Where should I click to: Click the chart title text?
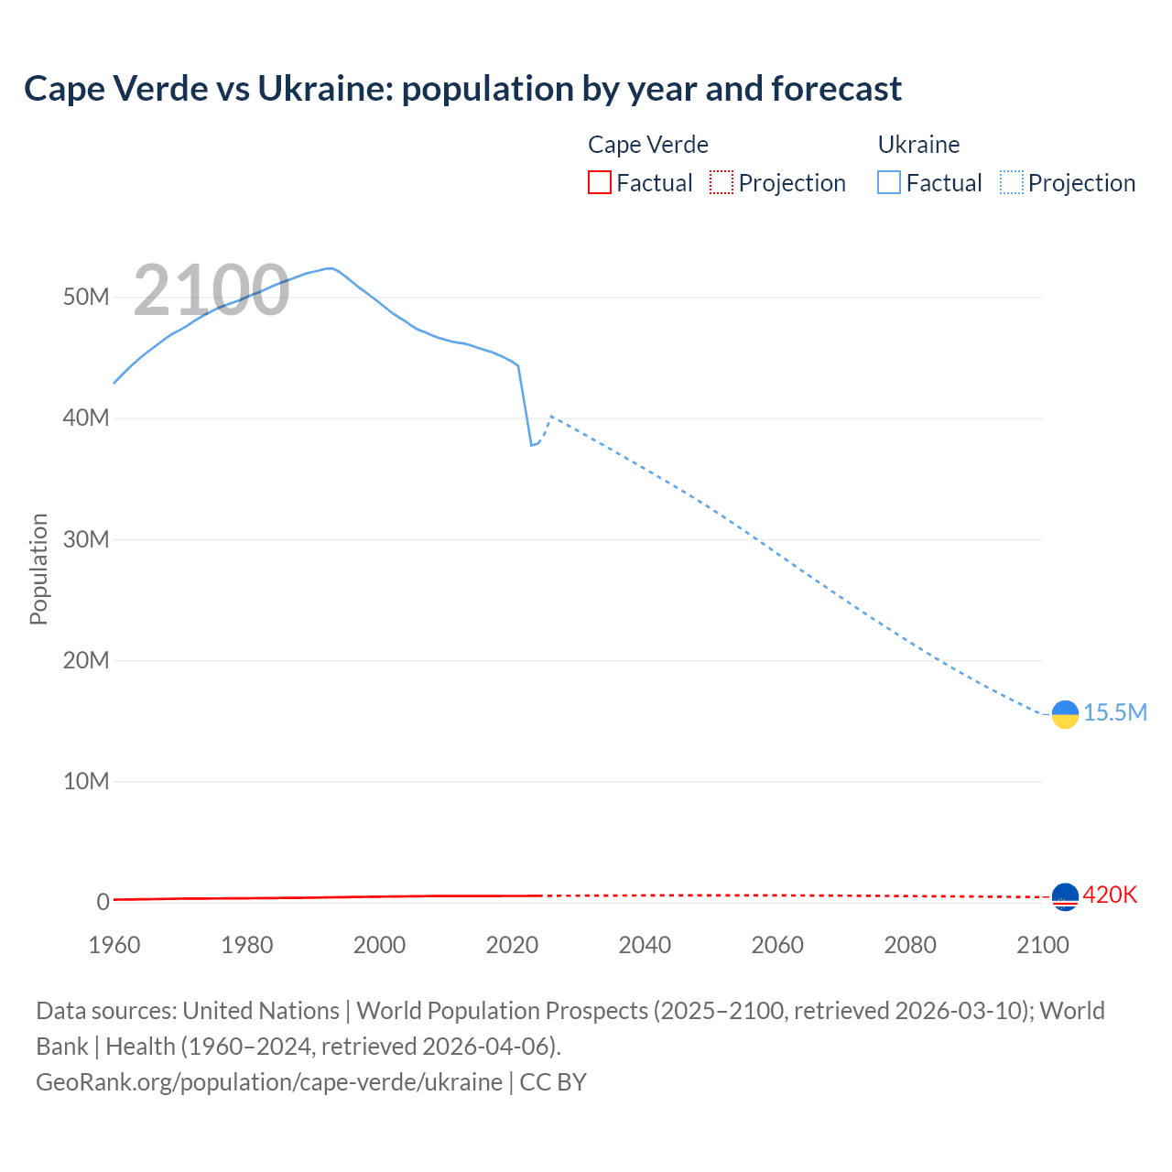462,89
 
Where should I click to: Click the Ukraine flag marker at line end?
1065,714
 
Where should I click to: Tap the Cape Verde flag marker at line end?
1065,896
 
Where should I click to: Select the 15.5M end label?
1114,712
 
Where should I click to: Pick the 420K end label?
1110,895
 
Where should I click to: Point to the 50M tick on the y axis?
86,297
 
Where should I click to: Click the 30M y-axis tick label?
86,539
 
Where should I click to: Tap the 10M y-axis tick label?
86,781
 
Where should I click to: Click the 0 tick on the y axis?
103,902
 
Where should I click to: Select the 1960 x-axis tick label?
114,945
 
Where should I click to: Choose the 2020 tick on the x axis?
512,945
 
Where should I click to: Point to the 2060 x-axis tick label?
777,945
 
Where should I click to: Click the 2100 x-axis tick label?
1042,945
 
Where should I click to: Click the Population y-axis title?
38,569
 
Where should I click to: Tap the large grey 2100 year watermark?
212,290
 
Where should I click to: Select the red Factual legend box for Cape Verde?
599,182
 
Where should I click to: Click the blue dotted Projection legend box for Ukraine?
1011,182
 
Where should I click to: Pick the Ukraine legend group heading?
918,145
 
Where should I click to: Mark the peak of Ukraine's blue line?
330,268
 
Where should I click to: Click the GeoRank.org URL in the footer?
269,1081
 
